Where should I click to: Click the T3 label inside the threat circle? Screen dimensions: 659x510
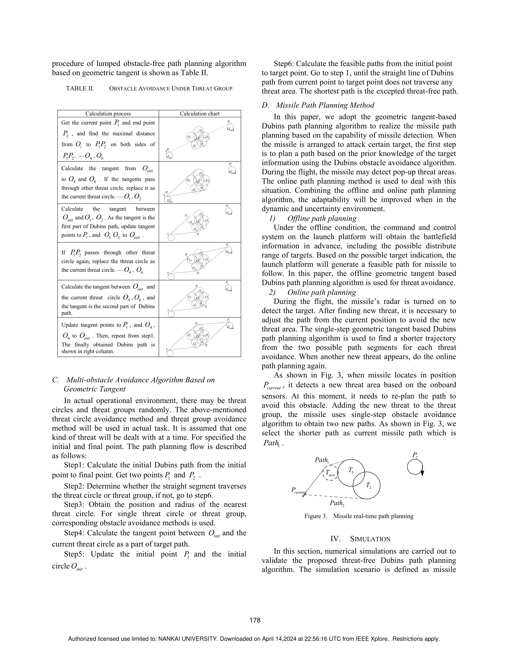pos(351,470)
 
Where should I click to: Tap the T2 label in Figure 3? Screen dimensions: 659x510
pos(368,485)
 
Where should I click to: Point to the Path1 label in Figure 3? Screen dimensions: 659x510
pos(322,460)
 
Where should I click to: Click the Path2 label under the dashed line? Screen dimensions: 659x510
pos(337,503)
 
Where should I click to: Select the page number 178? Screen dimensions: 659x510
pos(255,620)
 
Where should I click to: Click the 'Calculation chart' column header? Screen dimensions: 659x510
pos(200,114)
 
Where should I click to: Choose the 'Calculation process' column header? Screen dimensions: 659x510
pos(108,114)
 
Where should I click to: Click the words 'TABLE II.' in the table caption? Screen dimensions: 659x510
pos(80,88)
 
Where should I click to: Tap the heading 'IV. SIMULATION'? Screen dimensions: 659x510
pos(361,539)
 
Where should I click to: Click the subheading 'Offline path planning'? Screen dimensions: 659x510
pos(322,219)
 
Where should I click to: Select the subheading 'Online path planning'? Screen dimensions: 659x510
pos(321,292)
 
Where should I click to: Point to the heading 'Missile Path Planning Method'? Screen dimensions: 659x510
pos(325,105)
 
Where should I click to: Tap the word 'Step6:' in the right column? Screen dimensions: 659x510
pos(284,64)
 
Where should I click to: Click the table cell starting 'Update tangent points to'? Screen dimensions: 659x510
pos(108,337)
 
